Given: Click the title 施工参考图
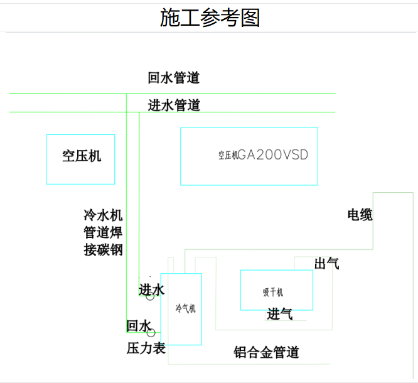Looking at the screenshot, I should click(210, 18).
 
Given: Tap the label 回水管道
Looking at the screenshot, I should click(174, 78).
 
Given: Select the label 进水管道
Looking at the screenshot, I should click(174, 105).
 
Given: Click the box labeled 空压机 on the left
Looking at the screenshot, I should click(80, 159).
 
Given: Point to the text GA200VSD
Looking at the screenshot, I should click(274, 155).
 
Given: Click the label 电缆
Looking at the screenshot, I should click(360, 215).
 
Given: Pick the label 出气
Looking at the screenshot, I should click(327, 264).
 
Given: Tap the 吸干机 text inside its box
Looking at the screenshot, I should click(273, 293).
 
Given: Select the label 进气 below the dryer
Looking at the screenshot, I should click(280, 314).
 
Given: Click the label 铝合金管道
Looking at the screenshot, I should click(267, 352).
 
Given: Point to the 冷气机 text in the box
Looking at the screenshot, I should click(185, 308).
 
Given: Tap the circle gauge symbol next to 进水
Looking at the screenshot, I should click(150, 296).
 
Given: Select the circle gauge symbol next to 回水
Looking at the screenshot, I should click(151, 333).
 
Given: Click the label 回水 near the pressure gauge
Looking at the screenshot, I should click(138, 326).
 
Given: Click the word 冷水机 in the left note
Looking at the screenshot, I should click(103, 215).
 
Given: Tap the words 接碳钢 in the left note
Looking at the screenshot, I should click(103, 250).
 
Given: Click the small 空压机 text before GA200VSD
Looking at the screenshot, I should click(228, 155).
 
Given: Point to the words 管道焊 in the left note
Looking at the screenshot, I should click(103, 232).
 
